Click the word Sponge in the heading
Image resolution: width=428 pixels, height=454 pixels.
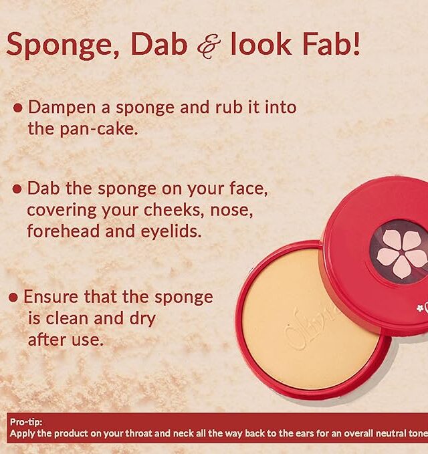(62, 45)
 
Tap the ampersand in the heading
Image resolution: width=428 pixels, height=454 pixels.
(209, 46)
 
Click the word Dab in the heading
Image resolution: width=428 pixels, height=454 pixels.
(158, 43)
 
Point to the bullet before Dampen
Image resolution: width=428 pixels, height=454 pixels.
(17, 108)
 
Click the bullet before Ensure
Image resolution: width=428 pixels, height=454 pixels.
(13, 298)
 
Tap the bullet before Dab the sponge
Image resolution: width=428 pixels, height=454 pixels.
(17, 189)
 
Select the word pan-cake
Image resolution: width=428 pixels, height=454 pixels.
(99, 129)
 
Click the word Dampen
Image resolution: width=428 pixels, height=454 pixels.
(62, 108)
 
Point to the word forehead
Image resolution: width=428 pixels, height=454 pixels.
(63, 231)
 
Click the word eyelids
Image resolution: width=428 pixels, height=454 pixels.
(171, 231)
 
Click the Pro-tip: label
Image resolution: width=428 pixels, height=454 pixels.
(26, 422)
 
